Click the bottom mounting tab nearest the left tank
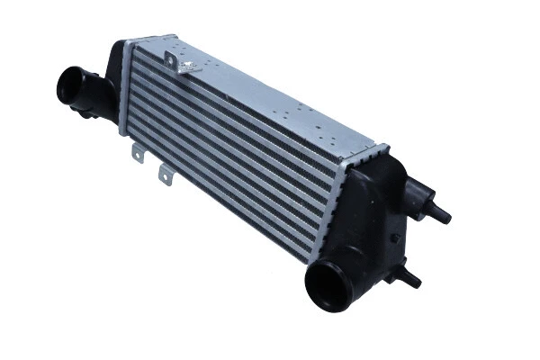(138, 153)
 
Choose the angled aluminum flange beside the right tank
(335, 202)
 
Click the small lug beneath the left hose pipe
(85, 113)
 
